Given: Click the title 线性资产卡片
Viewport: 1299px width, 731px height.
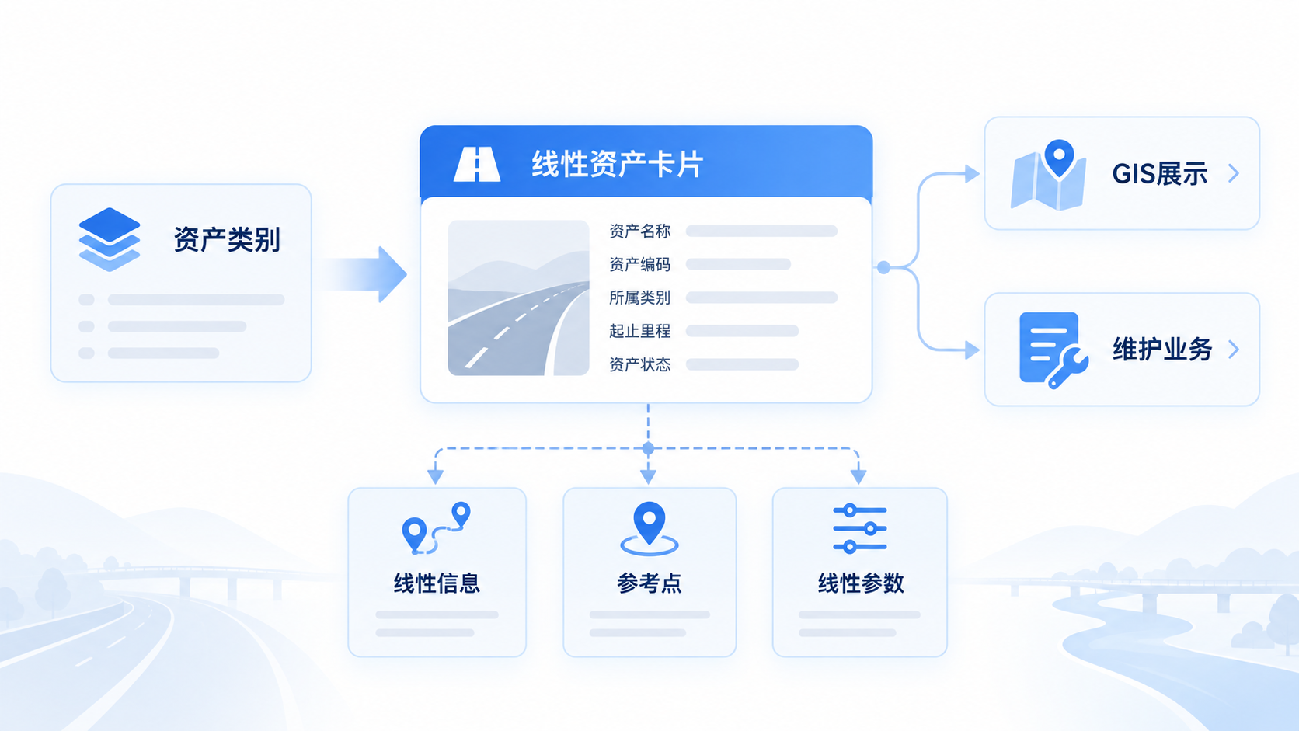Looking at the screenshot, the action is [617, 164].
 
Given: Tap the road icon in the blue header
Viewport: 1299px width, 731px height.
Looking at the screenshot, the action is [477, 164].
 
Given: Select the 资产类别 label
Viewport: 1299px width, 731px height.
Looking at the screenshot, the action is [227, 239].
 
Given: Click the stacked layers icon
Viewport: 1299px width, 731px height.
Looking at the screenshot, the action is [109, 239].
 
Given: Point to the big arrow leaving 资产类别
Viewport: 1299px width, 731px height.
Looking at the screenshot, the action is [363, 274].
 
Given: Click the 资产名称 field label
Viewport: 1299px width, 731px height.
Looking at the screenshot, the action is [639, 231].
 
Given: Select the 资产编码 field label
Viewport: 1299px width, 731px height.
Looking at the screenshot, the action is [639, 264].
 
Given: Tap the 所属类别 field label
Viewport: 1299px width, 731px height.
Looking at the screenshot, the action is [639, 298].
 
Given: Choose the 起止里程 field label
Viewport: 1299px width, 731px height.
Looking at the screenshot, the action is [639, 331].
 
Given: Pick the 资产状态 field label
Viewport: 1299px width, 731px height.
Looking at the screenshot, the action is [639, 364].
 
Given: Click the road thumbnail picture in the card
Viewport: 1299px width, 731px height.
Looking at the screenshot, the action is [518, 298].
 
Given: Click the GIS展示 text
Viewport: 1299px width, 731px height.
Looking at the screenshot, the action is [1160, 173].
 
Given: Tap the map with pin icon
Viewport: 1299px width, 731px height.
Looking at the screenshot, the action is [1049, 175].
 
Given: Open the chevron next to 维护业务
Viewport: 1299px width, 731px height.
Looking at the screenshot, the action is [1234, 349].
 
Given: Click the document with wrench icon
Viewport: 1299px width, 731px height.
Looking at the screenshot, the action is [1053, 350].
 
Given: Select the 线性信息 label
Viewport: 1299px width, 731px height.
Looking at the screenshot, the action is [437, 583].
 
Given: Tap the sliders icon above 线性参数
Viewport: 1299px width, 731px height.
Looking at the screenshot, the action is [859, 529].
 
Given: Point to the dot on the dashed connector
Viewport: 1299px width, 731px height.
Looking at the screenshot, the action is [649, 448].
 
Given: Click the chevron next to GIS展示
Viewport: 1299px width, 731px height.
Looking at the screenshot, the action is [1234, 172].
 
